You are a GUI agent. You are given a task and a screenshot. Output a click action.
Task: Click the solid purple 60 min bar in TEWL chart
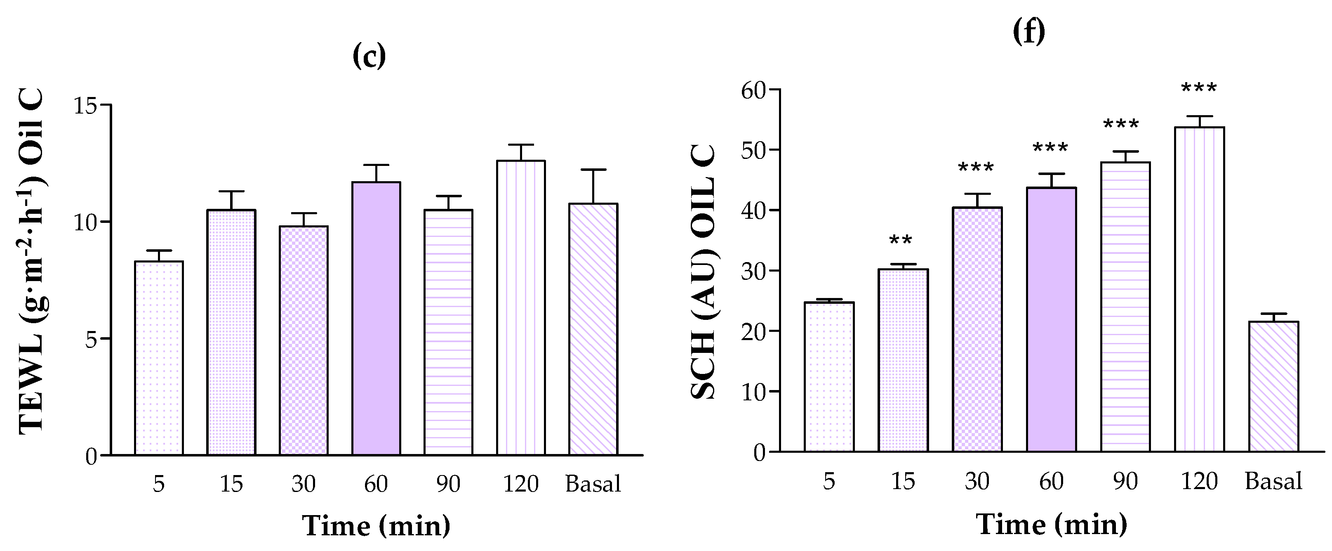(x=376, y=318)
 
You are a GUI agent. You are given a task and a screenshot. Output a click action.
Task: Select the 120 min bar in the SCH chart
(x=1199, y=290)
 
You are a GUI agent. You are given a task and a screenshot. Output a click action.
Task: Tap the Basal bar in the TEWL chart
(x=593, y=329)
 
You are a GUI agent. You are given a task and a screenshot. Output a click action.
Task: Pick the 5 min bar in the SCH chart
(x=829, y=377)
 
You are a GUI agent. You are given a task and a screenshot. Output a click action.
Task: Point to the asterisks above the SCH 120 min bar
(x=1198, y=88)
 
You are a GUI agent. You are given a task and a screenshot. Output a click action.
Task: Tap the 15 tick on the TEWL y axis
(x=85, y=106)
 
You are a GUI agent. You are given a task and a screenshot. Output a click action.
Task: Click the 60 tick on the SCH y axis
(x=753, y=91)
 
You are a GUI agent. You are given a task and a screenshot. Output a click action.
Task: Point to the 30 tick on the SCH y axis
(x=753, y=271)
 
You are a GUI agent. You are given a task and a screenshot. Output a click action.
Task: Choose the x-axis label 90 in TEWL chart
(x=448, y=484)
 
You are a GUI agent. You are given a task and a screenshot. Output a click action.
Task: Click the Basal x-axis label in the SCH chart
(x=1273, y=482)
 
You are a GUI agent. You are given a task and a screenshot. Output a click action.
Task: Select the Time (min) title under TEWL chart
(x=376, y=526)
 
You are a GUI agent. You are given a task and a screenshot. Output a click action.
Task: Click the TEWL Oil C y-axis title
(x=32, y=261)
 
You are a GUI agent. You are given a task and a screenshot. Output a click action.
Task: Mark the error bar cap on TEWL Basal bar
(x=593, y=170)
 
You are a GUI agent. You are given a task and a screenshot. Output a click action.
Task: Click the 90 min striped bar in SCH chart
(x=1125, y=307)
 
